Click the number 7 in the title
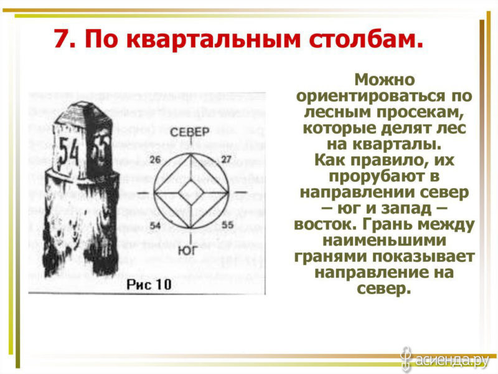[x=61, y=39]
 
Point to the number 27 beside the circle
[x=227, y=160]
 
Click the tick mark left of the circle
[x=143, y=193]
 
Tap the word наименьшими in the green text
[x=384, y=241]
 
